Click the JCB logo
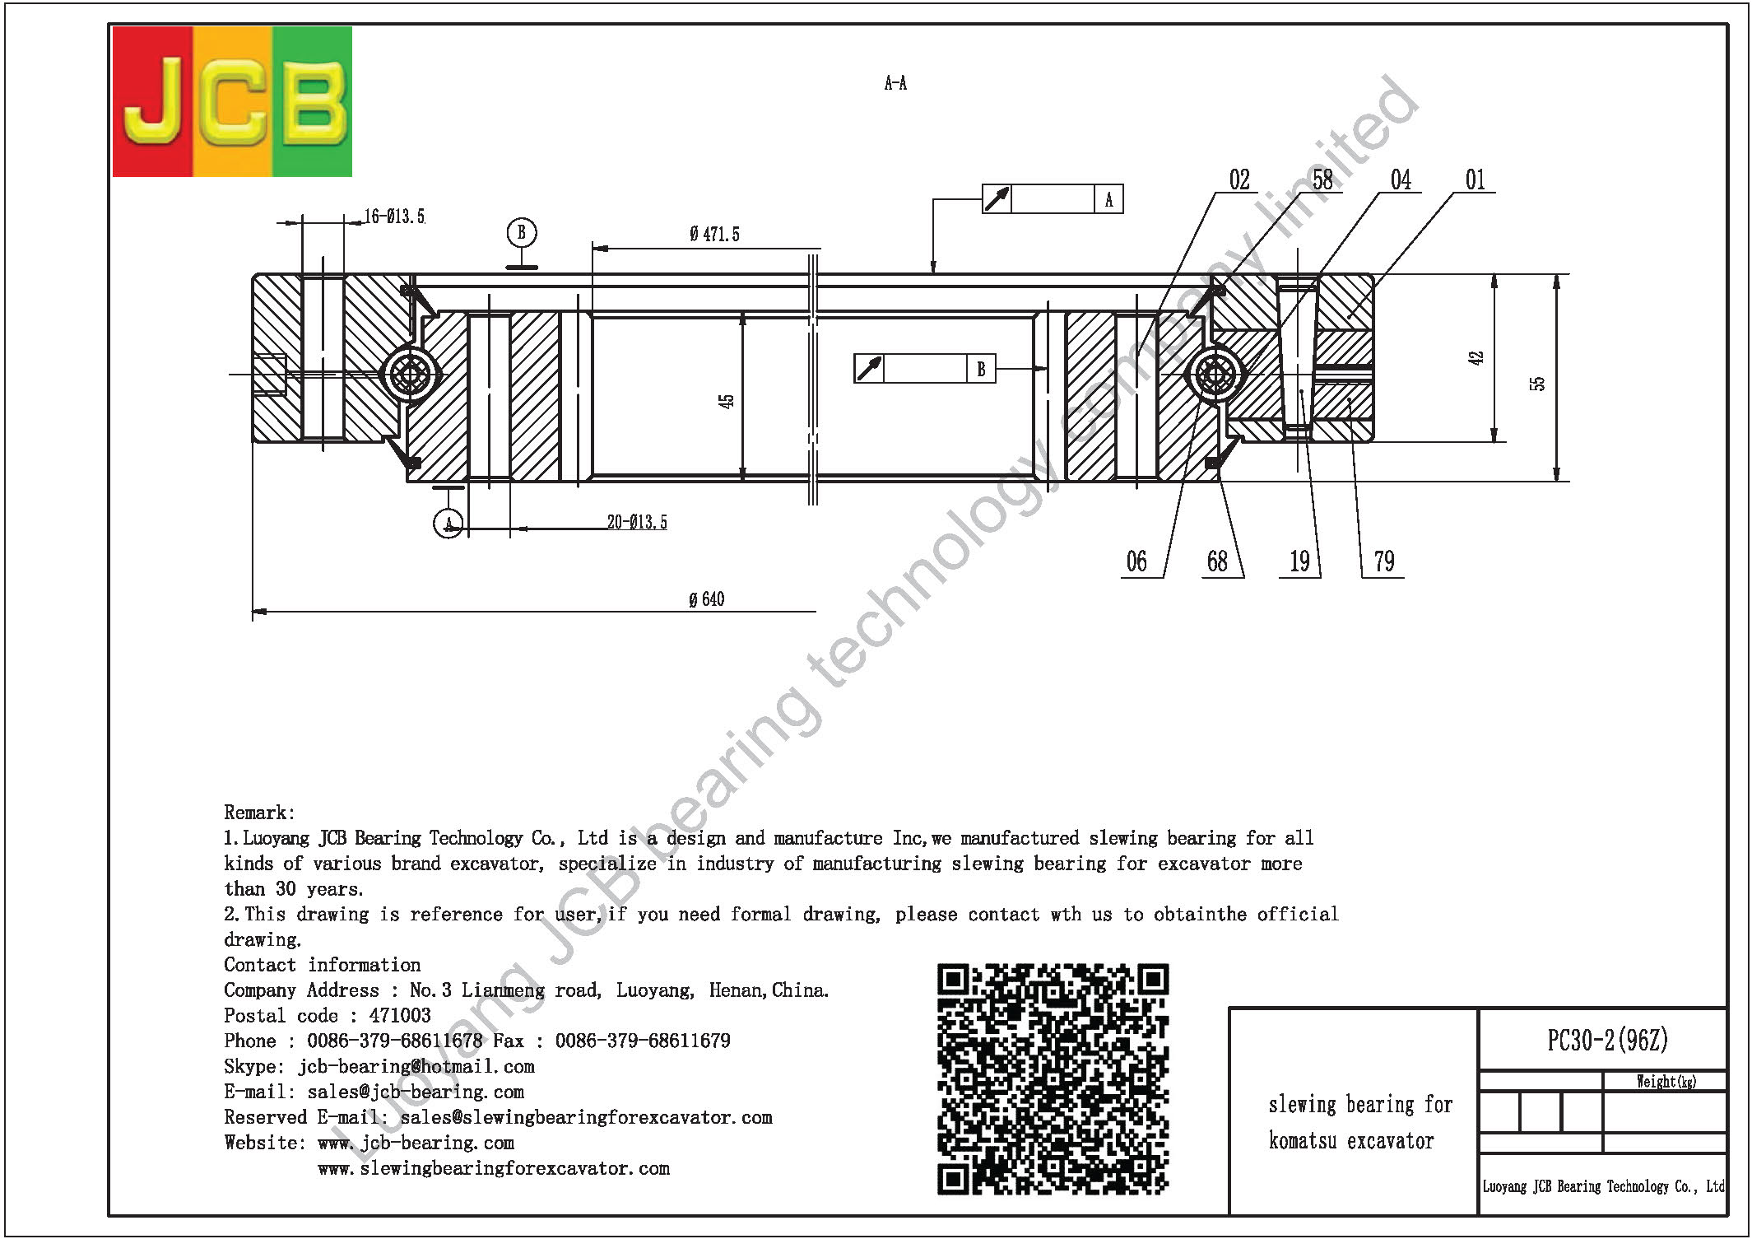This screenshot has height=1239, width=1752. (232, 101)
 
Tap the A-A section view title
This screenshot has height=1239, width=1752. (895, 83)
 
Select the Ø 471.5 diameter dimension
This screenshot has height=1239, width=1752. (714, 235)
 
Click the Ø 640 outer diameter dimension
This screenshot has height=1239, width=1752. (707, 599)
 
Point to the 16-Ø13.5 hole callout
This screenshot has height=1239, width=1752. (395, 217)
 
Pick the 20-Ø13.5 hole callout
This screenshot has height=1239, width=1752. (637, 522)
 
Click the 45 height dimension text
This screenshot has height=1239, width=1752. (726, 401)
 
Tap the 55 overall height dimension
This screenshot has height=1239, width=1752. (1537, 384)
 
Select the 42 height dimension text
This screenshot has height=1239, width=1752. (1475, 358)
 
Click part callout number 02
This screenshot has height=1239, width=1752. (1239, 179)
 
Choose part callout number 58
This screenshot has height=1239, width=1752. (1322, 179)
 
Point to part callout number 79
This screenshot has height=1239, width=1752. (1384, 561)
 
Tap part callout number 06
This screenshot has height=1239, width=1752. (1136, 561)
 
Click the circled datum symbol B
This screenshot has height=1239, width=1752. (522, 233)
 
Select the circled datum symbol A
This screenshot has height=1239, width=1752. (448, 523)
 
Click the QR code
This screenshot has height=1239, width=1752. (1053, 1078)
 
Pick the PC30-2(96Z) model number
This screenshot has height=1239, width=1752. (1607, 1040)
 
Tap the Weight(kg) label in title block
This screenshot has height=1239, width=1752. (1666, 1082)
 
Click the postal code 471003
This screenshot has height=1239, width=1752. (400, 1016)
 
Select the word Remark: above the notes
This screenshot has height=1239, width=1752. (259, 813)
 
